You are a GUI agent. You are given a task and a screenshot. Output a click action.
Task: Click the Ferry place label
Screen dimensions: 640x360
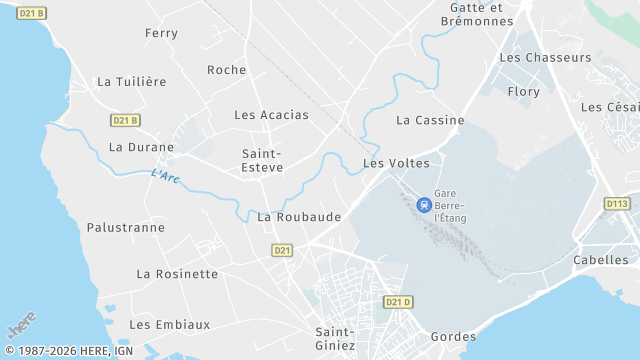coord(161,33)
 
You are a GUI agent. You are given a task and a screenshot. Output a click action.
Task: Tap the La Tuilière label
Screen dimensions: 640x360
coord(131,81)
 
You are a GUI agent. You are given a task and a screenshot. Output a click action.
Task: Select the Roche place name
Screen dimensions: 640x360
coord(226,69)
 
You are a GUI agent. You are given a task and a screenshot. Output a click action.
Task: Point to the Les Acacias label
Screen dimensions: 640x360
coord(271,114)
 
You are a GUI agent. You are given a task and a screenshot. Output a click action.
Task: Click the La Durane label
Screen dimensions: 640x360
coord(141,146)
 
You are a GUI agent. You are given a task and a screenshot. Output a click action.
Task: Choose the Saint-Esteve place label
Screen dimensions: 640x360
coord(262,160)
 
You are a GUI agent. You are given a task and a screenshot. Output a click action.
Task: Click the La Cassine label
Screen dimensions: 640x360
coord(430,120)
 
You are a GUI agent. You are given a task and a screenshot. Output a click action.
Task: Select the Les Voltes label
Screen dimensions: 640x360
coord(396,162)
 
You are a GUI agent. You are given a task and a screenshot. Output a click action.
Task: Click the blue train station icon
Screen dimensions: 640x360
coord(424,204)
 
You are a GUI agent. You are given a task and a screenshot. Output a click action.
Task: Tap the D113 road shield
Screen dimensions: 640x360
coord(617,203)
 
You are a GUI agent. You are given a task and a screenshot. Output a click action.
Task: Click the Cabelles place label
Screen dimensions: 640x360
coord(601,259)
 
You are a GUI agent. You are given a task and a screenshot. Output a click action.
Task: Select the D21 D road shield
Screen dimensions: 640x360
coord(398,301)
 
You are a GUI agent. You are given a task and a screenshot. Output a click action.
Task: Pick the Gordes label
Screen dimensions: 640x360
coord(453,336)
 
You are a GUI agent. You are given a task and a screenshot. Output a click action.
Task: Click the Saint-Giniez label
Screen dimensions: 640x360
coord(335,338)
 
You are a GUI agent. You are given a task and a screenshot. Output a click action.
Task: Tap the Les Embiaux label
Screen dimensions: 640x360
coord(170,324)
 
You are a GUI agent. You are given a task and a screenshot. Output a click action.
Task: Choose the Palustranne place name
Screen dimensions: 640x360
coord(126,227)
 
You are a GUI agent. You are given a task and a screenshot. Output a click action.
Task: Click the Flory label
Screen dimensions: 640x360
coord(524,91)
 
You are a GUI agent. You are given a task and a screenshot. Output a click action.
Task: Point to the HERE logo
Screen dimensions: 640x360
coord(21,327)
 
